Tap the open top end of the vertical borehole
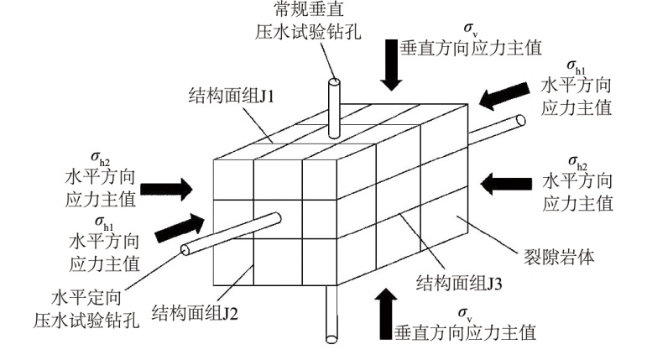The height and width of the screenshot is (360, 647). click(x=335, y=84)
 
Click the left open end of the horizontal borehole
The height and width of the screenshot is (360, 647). click(x=187, y=249)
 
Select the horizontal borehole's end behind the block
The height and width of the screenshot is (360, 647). click(x=521, y=121)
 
